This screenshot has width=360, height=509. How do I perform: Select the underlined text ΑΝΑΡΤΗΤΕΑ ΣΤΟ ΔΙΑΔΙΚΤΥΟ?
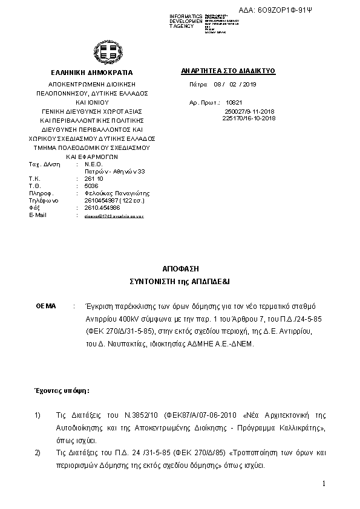coord(228,71)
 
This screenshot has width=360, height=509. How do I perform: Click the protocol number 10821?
coord(233,103)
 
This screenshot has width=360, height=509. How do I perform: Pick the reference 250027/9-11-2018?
coord(249,112)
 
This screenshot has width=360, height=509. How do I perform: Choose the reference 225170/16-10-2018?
coord(249,118)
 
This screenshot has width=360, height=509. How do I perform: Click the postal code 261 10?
coord(94,180)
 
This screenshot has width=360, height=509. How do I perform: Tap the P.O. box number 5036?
coord(91,186)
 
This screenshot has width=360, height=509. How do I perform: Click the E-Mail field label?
coord(38,215)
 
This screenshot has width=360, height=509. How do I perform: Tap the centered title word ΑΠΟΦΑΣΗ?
coord(180,268)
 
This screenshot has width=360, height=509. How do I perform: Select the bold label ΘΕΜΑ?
coord(46,306)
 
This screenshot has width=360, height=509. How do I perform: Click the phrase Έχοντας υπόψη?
coord(61,391)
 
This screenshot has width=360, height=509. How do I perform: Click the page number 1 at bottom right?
coord(324,484)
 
